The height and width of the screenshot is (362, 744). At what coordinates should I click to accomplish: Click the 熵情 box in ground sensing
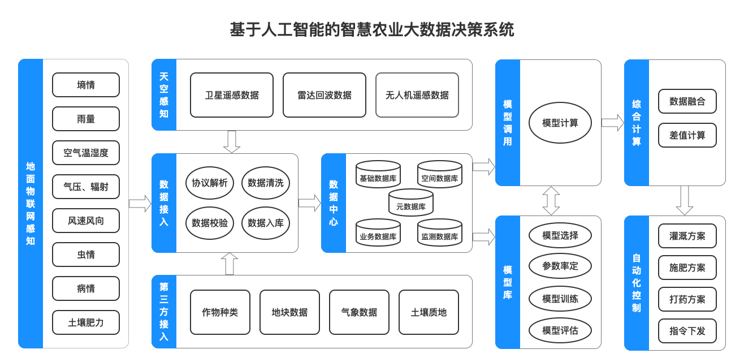86,85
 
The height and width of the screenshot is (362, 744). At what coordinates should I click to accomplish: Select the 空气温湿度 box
86,153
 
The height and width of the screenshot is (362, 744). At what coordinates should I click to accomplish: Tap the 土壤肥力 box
86,322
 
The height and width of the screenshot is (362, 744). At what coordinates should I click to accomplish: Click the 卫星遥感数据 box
232,95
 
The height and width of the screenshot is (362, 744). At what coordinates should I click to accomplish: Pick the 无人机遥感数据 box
417,95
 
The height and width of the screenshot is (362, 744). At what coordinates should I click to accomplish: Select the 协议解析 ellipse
210,183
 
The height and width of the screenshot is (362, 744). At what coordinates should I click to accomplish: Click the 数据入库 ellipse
266,223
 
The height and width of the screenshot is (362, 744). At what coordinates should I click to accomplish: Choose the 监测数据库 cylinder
440,233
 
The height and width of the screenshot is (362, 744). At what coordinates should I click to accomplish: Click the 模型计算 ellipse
560,123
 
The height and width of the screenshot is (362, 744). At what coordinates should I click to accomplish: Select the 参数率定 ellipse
560,266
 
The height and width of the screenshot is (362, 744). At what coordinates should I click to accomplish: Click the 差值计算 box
687,136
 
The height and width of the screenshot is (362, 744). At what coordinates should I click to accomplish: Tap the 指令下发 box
687,331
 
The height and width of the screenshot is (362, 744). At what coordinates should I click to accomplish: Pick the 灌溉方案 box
687,236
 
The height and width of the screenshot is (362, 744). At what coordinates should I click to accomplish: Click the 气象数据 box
359,312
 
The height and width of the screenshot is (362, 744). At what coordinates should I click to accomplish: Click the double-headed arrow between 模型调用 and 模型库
551,201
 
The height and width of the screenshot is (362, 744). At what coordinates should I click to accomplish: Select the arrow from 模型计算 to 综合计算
612,123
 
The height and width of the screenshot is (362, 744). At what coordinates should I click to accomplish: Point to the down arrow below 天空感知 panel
232,142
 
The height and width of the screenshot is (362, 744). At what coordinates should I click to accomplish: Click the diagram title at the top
372,29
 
